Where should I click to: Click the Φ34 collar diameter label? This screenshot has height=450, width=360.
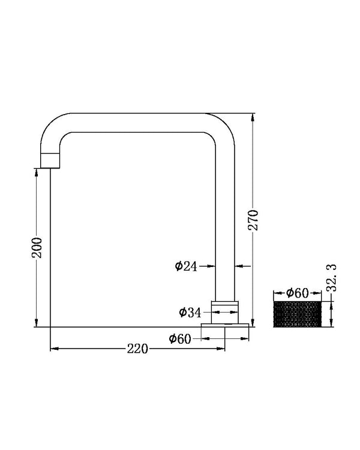(x=190, y=311)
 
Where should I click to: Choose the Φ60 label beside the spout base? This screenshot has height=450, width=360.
(x=180, y=339)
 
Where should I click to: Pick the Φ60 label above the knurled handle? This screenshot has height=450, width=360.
(x=298, y=293)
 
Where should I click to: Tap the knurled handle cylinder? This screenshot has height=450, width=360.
(x=298, y=314)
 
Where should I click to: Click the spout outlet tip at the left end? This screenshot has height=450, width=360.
(x=50, y=160)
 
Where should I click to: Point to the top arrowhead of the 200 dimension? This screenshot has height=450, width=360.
(x=37, y=171)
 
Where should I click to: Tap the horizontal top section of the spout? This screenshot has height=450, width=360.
(x=138, y=122)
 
